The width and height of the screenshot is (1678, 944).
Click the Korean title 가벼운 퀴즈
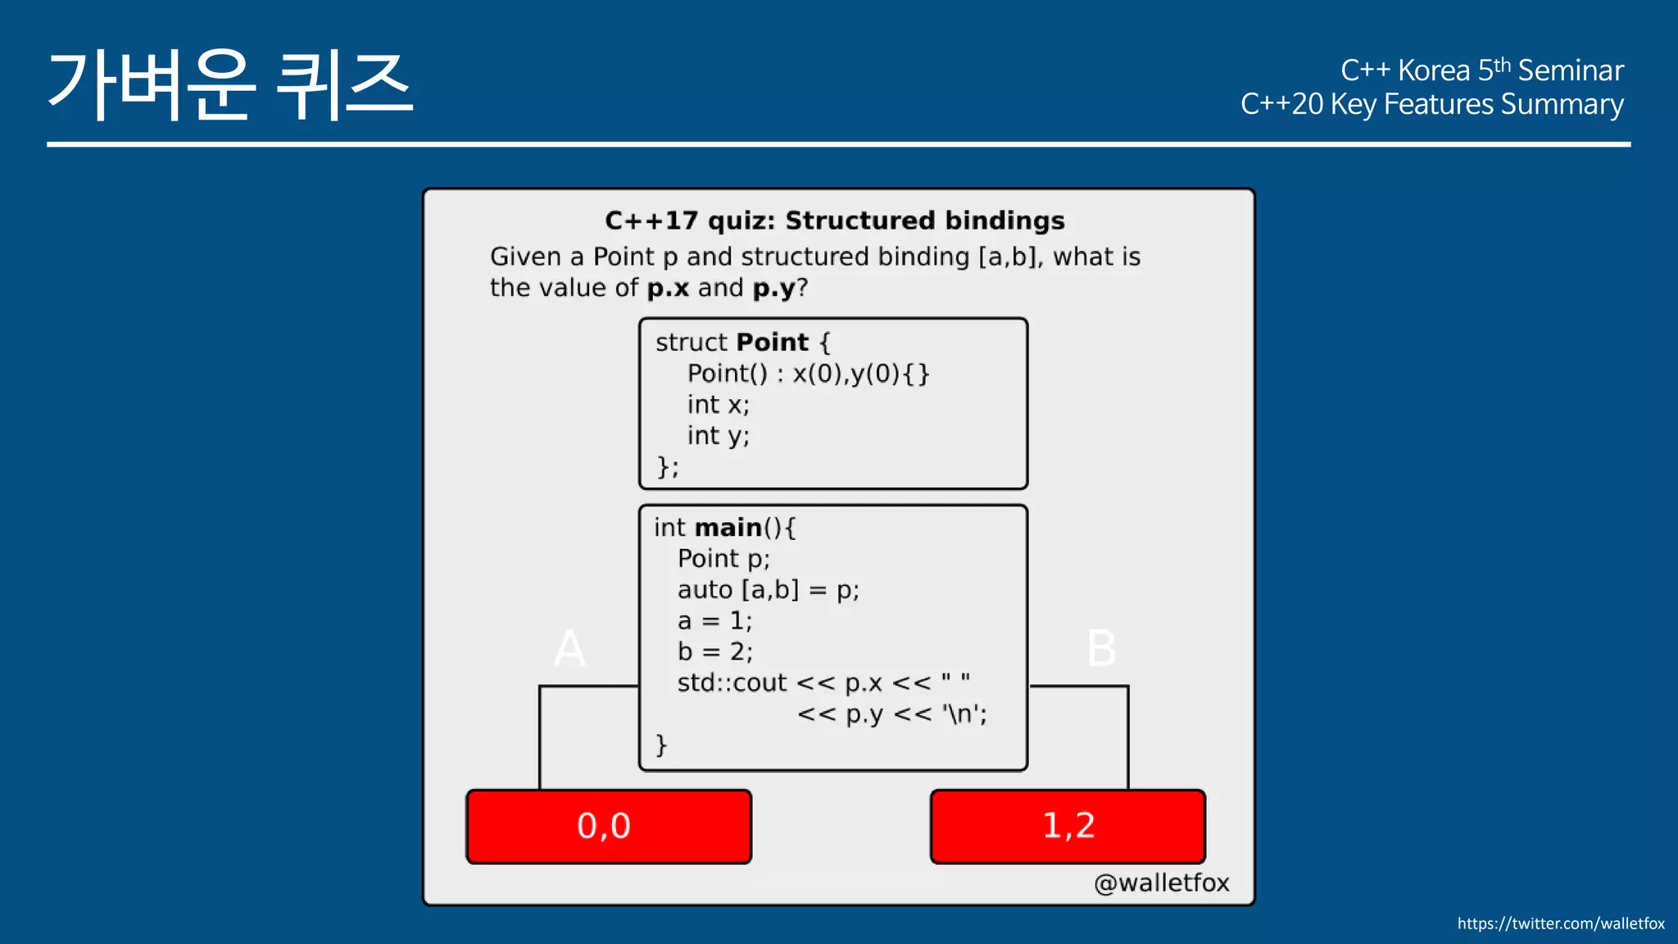230,84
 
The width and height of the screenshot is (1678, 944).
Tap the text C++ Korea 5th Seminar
1481,70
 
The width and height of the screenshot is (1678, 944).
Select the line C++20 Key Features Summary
1431,105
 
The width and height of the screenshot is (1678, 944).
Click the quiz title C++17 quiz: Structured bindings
834,220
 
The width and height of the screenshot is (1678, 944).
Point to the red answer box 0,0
608,826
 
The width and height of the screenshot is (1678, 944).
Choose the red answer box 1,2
1068,826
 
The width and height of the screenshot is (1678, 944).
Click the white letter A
569,649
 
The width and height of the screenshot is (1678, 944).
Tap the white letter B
1101,649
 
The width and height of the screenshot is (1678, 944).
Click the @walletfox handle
1161,883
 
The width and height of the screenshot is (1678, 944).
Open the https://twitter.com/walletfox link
1560,924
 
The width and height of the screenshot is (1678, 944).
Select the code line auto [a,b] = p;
768,590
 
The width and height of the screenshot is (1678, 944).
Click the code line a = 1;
714,621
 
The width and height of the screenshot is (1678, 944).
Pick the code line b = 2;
714,652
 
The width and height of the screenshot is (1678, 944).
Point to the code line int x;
718,405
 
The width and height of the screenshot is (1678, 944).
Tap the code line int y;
718,436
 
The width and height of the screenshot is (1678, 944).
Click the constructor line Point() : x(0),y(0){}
808,374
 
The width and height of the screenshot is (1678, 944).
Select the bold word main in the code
728,528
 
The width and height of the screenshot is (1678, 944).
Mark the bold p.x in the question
668,288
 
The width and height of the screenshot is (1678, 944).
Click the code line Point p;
723,559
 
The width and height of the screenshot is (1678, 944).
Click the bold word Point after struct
773,343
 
